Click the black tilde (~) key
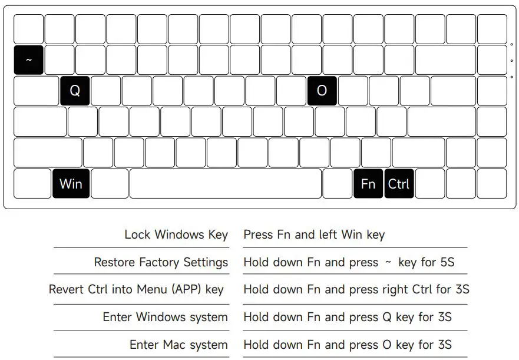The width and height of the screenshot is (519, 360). coord(28,60)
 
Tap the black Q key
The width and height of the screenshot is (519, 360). coord(75,91)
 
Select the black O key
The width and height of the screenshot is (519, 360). coord(322,91)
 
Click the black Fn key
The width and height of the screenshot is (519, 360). coord(368,184)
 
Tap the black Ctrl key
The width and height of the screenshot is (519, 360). coord(399,184)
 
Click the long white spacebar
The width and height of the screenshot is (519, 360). coord(225,184)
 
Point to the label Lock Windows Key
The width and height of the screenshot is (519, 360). coord(176,235)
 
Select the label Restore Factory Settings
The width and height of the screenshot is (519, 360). coord(161,262)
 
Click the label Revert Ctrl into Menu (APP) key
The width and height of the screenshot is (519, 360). coord(136,289)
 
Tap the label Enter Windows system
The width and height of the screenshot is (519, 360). coord(165,317)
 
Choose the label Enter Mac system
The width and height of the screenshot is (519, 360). coord(178,345)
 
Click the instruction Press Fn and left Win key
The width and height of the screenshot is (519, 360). coord(313,235)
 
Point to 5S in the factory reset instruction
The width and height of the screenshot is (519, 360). coord(447,262)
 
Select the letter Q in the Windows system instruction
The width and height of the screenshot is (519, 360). coord(386,317)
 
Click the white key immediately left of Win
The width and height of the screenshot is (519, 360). coord(32,184)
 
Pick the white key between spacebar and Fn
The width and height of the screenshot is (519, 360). coord(337,184)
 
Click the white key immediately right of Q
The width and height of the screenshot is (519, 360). coord(106,91)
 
